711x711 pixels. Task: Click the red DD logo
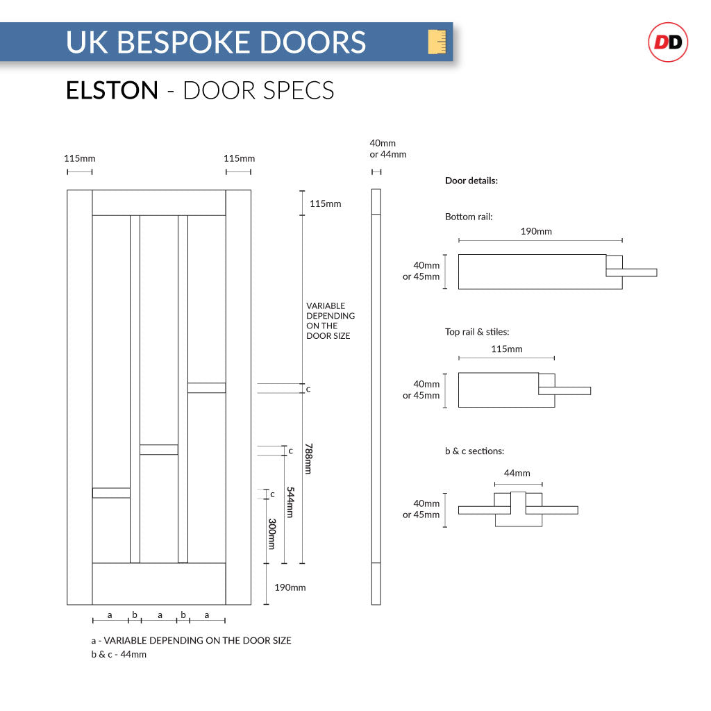point(667,42)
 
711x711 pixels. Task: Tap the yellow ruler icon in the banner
point(437,42)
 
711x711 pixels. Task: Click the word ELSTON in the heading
point(112,90)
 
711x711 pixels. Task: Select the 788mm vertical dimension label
point(308,459)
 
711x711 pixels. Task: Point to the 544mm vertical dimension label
point(290,502)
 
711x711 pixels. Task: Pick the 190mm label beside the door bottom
point(290,587)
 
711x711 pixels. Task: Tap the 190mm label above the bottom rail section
point(536,231)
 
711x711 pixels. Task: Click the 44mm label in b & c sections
point(517,473)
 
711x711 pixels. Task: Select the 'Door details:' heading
point(471,181)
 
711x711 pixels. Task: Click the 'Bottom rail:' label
point(469,217)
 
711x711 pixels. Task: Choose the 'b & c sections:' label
point(474,451)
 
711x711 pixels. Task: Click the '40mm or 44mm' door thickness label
point(387,149)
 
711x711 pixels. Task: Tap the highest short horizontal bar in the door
point(206,387)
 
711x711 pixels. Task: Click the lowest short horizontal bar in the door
point(111,493)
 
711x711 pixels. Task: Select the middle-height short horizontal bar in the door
point(158,449)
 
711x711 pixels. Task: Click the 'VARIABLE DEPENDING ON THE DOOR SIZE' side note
point(331,321)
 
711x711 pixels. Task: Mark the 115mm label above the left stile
point(79,158)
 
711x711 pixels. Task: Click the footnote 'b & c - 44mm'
point(119,654)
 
